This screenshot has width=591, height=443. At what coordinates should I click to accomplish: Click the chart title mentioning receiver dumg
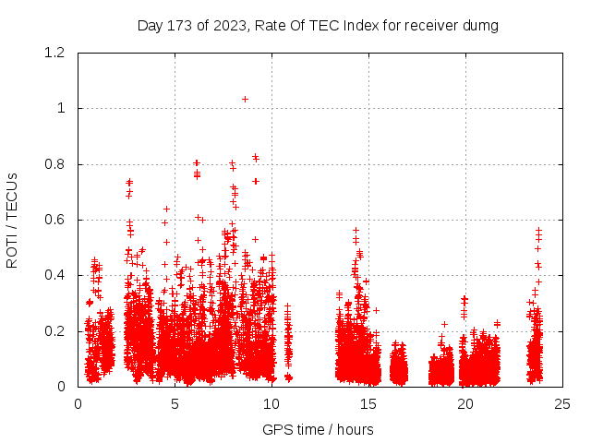(x=318, y=26)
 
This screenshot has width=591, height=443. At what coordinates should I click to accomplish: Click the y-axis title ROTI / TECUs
(x=13, y=220)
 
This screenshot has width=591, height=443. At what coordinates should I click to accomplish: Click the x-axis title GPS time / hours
(x=318, y=429)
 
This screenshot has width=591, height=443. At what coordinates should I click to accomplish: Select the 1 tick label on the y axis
(x=61, y=109)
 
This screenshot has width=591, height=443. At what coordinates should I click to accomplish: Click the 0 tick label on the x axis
(x=78, y=403)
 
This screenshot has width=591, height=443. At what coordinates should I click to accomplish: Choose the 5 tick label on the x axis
(x=175, y=403)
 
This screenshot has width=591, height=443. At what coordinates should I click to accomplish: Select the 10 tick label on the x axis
(x=271, y=403)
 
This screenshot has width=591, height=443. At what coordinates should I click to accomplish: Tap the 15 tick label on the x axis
(x=368, y=403)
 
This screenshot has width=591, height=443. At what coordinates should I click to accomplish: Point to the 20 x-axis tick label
(x=465, y=403)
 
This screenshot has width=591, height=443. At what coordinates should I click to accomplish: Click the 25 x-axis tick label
(x=562, y=403)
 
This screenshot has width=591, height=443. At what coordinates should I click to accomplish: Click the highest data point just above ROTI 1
(x=245, y=99)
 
